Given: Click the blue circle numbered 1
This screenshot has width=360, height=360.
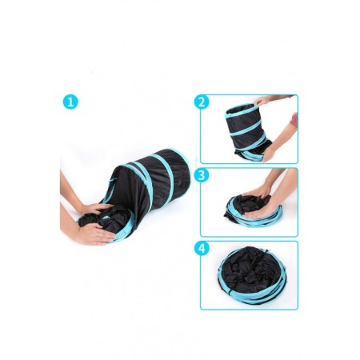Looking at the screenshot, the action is [70, 102].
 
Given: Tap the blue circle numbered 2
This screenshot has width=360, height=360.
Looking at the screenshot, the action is [202, 102].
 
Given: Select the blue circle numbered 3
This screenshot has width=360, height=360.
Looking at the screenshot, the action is [202, 175].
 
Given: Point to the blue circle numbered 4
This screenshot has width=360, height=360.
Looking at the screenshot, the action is [202, 249].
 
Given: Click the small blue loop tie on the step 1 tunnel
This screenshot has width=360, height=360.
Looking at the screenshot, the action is [111, 182].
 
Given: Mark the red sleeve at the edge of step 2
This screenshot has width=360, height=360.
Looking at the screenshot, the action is [294, 118].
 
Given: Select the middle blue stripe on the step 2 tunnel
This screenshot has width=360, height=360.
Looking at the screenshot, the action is [246, 128].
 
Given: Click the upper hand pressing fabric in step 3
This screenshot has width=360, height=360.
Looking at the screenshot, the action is [257, 191].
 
